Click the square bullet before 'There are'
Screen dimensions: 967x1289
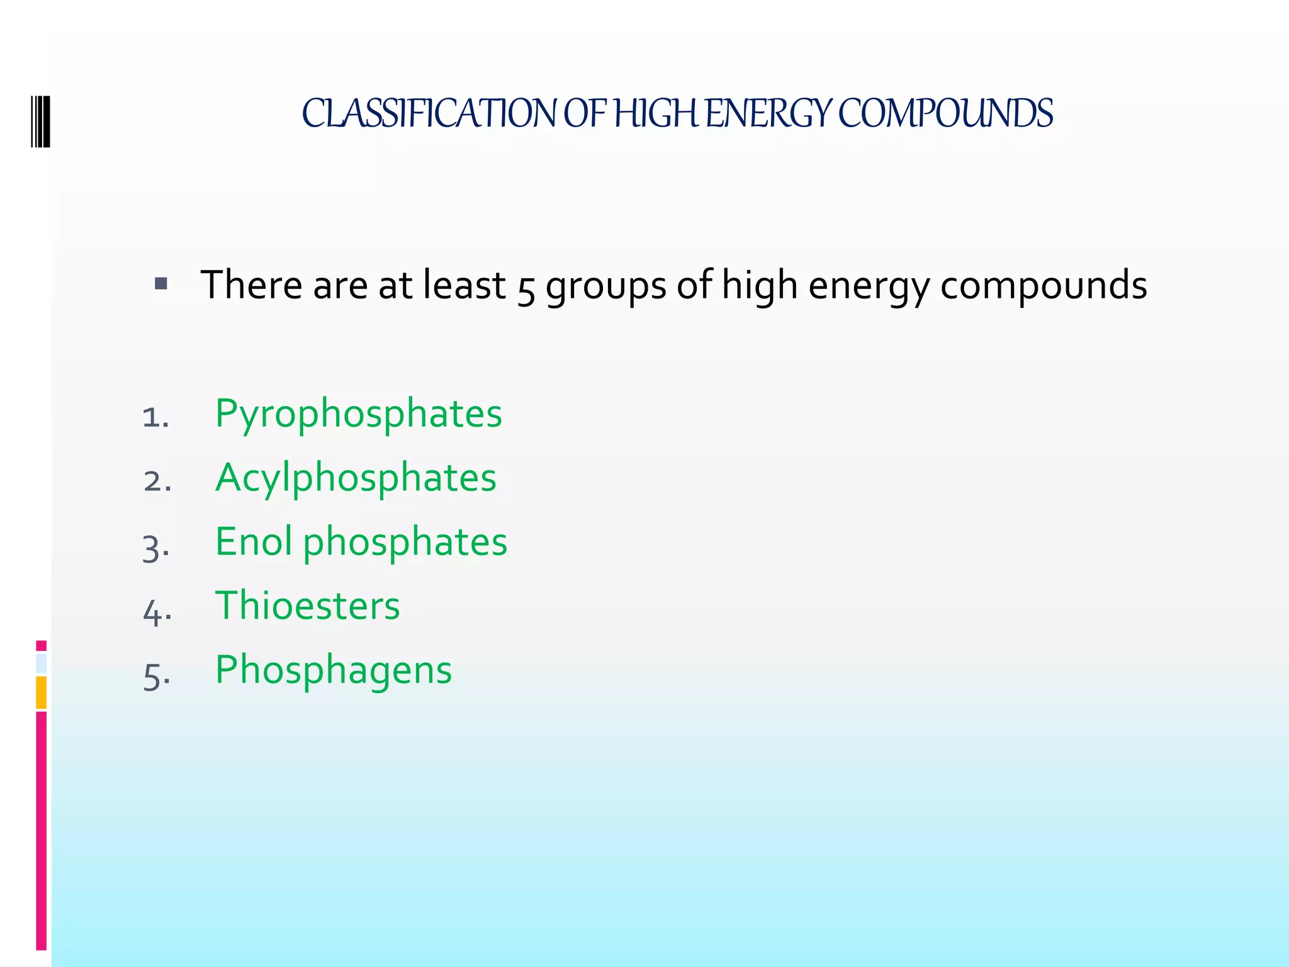[161, 284]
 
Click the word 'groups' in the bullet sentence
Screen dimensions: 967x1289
[605, 286]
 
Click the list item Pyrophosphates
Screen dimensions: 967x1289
[358, 414]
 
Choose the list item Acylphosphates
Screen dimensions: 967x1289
[356, 478]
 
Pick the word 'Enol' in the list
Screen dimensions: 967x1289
[254, 541]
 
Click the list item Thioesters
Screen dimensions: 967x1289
[307, 606]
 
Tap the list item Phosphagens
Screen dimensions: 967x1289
[334, 670]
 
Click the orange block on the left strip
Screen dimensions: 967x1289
[42, 693]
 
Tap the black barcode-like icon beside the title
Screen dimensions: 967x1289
[40, 122]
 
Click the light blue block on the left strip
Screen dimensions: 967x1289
[42, 664]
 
